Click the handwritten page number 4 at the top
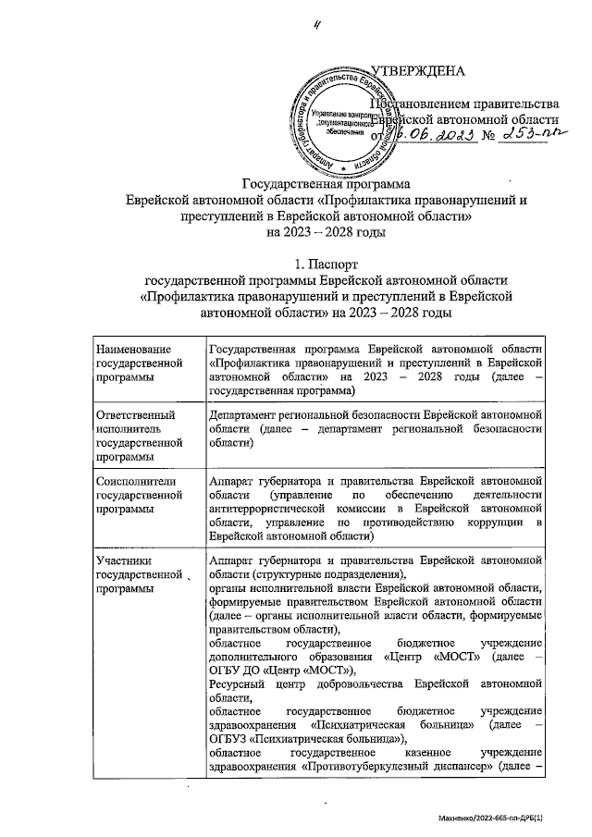316,25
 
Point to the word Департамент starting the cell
247,414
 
